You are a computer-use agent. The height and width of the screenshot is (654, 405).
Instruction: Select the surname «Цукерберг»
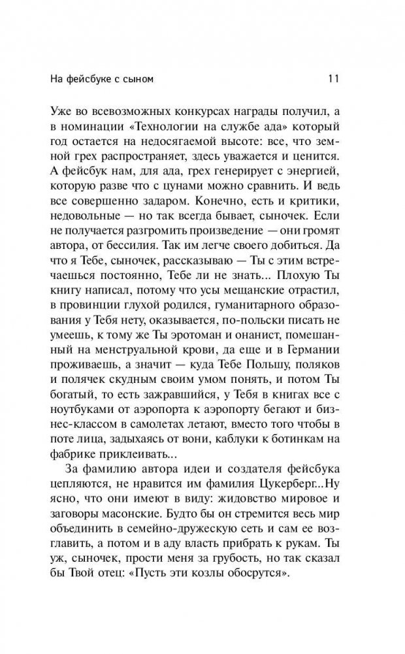[x=251, y=504]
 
